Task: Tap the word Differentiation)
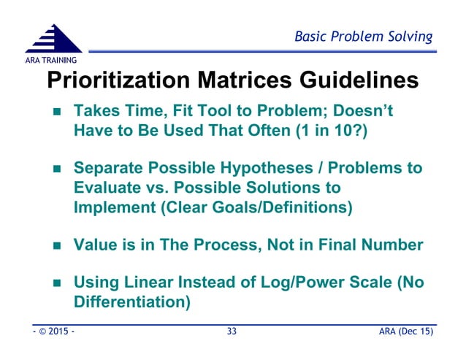coord(132,301)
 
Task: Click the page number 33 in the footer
coord(232,332)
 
